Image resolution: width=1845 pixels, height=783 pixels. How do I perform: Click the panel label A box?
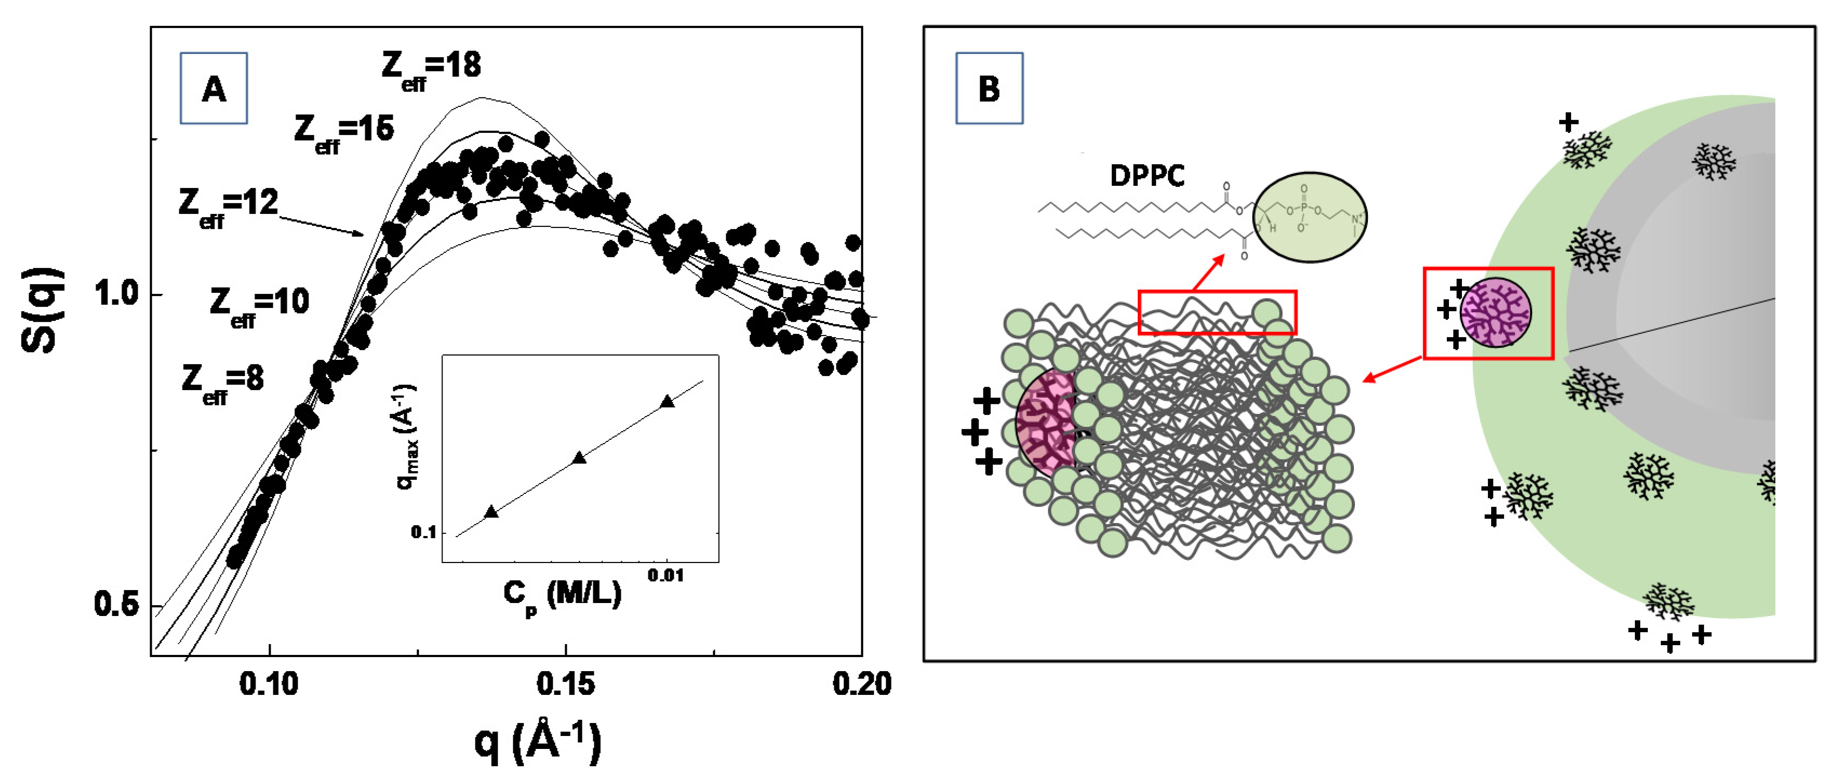[213, 88]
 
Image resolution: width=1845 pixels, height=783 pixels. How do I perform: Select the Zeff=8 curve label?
[222, 382]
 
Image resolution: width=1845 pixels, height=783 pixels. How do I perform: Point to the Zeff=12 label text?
[228, 206]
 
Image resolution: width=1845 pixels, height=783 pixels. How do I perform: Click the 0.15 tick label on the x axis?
[565, 684]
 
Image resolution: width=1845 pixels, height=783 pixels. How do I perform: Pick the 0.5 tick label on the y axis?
[117, 605]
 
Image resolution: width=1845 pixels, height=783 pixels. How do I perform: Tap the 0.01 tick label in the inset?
[666, 575]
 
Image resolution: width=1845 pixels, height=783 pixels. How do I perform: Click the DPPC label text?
[1146, 176]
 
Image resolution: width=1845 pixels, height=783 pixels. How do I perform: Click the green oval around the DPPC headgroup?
[1309, 217]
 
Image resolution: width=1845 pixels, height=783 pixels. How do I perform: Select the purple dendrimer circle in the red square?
[1495, 313]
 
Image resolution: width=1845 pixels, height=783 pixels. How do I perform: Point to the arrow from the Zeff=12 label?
[323, 224]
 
